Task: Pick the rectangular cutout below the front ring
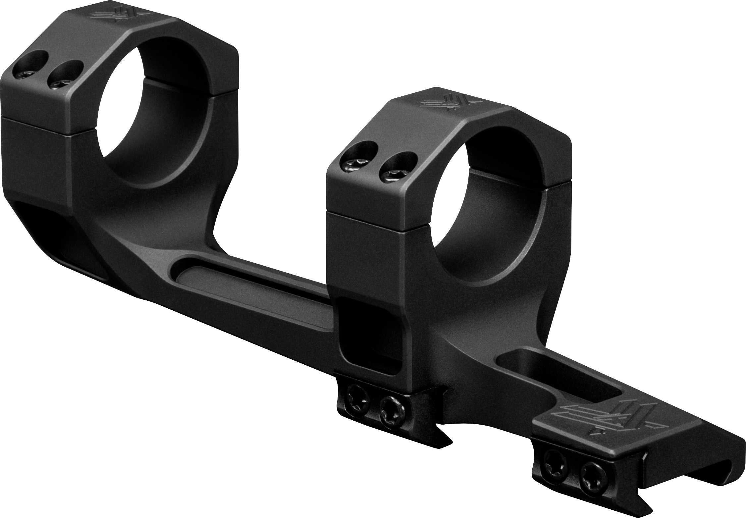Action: (x=368, y=335)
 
